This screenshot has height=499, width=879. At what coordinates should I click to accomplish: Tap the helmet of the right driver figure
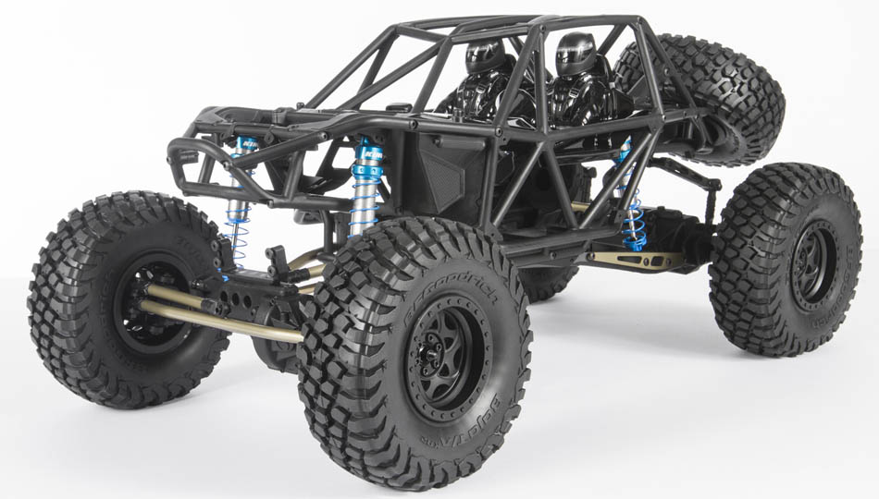click(x=576, y=53)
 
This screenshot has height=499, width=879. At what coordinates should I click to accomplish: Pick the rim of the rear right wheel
click(x=814, y=264)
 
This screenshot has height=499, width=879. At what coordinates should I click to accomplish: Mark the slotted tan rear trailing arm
click(x=638, y=259)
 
